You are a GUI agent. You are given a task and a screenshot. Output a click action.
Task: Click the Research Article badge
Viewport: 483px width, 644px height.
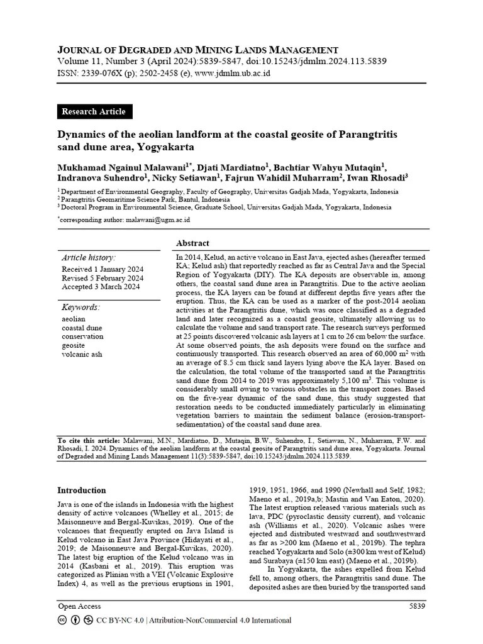pyautogui.click(x=93, y=112)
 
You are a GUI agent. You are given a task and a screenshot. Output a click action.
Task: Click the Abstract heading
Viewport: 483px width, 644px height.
pyautogui.click(x=192, y=243)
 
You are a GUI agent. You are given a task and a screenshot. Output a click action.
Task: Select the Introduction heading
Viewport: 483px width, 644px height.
pyautogui.click(x=82, y=491)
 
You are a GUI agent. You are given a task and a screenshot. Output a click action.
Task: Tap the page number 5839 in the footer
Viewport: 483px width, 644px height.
pyautogui.click(x=417, y=606)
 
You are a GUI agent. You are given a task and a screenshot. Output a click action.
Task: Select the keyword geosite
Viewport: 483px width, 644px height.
pyautogui.click(x=73, y=345)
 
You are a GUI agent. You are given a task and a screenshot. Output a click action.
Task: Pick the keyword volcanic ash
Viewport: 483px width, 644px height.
pyautogui.click(x=82, y=354)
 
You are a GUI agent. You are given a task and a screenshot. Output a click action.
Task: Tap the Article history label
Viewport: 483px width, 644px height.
pyautogui.click(x=89, y=258)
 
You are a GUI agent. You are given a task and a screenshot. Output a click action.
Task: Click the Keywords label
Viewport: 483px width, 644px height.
pyautogui.click(x=80, y=308)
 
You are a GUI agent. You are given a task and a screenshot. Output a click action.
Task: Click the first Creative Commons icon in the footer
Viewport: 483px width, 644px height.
pyautogui.click(x=62, y=620)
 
